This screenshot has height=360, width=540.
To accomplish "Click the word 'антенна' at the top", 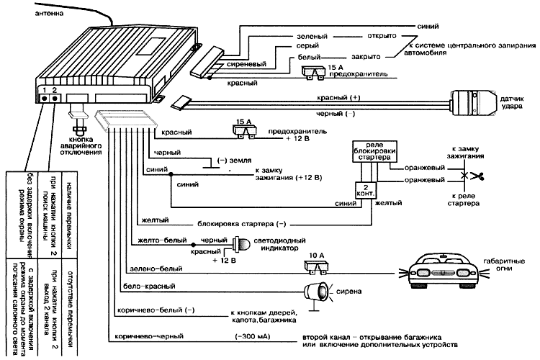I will point(27,13).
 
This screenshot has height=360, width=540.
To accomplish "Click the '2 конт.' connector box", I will point(364,192).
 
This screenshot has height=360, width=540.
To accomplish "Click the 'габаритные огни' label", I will point(504,266).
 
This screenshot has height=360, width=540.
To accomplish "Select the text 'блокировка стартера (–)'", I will point(249,223).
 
